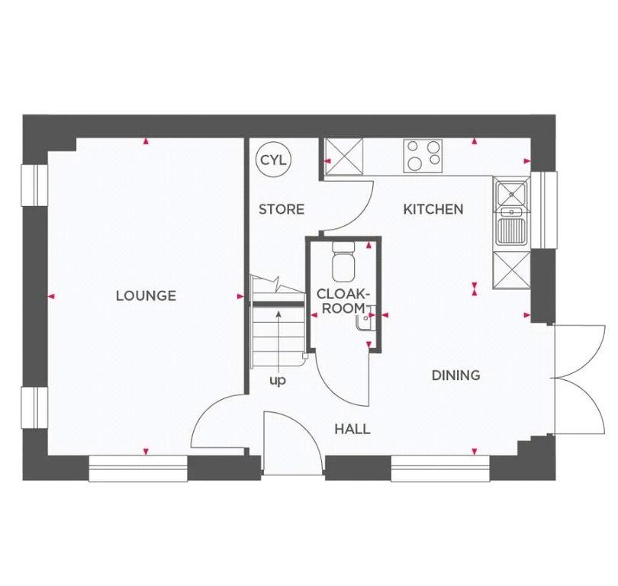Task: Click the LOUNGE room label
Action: pyautogui.click(x=146, y=295)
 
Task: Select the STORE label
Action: pyautogui.click(x=281, y=209)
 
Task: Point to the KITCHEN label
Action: pyautogui.click(x=433, y=209)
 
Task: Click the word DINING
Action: pyautogui.click(x=455, y=375)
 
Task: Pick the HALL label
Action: pyautogui.click(x=352, y=429)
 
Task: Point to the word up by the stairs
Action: pyautogui.click(x=277, y=379)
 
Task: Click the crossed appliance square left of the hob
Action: pyautogui.click(x=343, y=158)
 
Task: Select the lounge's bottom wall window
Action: pyautogui.click(x=138, y=468)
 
